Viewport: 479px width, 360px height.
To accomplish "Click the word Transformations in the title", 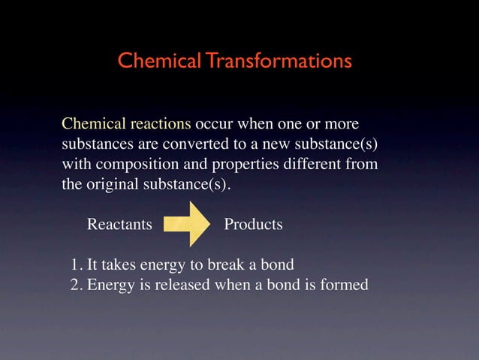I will pos(279,60).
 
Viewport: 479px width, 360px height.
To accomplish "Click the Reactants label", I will pos(119,225).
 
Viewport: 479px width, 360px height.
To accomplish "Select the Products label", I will pos(253,225).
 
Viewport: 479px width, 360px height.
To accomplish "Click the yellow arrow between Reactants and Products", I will pos(188,223).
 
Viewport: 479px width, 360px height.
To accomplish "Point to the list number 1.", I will pos(75,265).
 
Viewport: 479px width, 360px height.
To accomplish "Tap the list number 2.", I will pos(75,285).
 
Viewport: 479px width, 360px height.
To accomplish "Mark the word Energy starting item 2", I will pos(110,286).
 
